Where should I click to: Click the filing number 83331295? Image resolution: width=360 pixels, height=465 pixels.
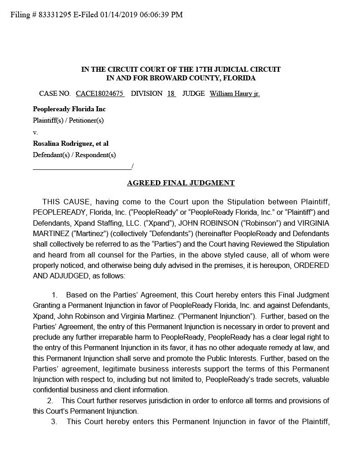pos(54,15)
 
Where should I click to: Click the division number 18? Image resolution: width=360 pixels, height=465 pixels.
pos(171,94)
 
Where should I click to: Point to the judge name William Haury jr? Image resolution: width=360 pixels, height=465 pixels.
pos(235,94)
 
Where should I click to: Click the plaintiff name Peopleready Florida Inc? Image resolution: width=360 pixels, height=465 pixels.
pos(69,109)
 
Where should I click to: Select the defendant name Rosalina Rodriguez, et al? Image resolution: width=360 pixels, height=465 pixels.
pos(70,143)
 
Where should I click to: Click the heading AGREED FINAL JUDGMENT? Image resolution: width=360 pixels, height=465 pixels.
pos(181,183)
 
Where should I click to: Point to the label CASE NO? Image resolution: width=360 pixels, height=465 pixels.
pos(55,94)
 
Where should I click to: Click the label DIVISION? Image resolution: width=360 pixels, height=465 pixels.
pos(146,94)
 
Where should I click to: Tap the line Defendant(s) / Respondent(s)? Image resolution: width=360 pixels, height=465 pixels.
pos(74,155)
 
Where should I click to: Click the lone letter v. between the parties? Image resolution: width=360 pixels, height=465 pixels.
pos(35,132)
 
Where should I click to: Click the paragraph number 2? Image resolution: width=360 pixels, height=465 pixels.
pos(50,400)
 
